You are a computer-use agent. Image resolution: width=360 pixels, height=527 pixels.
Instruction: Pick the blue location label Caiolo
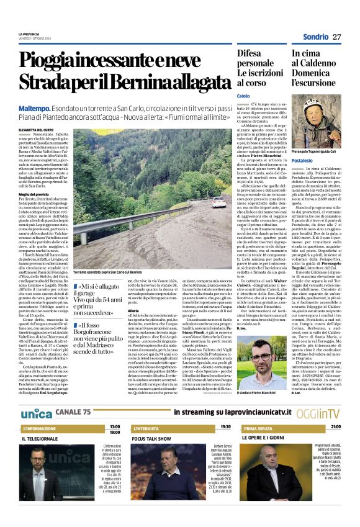pos(243,96)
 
